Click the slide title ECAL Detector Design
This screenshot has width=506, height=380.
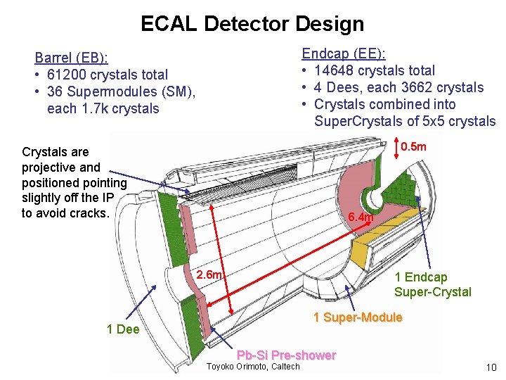click(252, 24)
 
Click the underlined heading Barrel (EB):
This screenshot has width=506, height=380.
click(76, 58)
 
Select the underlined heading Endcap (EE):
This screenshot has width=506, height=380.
click(348, 53)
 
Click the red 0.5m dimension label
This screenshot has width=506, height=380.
click(413, 146)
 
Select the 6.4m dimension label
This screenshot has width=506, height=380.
click(361, 217)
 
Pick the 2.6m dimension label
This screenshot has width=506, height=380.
click(210, 274)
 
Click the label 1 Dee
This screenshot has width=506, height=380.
click(123, 329)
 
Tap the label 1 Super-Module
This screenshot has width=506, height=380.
click(358, 317)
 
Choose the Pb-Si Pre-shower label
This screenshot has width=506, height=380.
click(286, 355)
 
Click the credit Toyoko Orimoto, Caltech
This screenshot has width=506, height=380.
click(253, 366)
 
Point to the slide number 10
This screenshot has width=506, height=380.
click(491, 367)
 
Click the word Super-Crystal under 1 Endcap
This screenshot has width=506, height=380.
click(432, 292)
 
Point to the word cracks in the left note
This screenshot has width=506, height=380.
click(90, 213)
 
